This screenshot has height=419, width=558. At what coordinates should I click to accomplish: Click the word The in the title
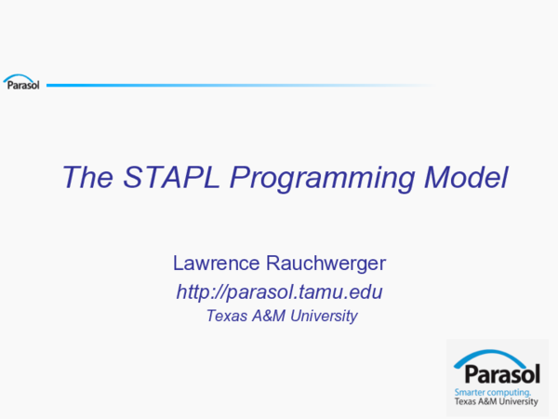click(86, 178)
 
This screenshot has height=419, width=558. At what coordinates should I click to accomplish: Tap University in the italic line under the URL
click(324, 317)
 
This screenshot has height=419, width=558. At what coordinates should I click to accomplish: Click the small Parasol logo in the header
click(21, 85)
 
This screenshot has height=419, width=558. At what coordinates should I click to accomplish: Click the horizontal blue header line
click(232, 86)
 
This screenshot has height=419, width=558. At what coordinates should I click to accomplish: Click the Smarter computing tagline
click(493, 394)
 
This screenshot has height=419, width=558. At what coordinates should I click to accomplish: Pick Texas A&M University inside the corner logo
click(496, 402)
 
